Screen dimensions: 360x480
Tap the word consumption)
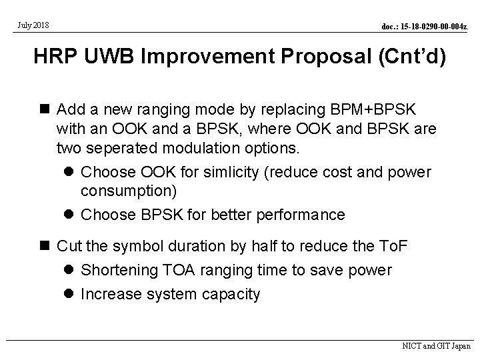coord(129,191)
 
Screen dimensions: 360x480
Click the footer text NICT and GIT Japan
coord(437,347)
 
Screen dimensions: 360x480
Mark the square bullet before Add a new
coord(45,109)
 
